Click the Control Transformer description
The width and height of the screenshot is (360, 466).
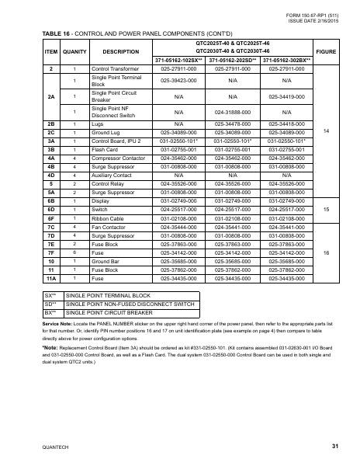click(x=117, y=69)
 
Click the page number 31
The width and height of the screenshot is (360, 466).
click(x=334, y=447)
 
